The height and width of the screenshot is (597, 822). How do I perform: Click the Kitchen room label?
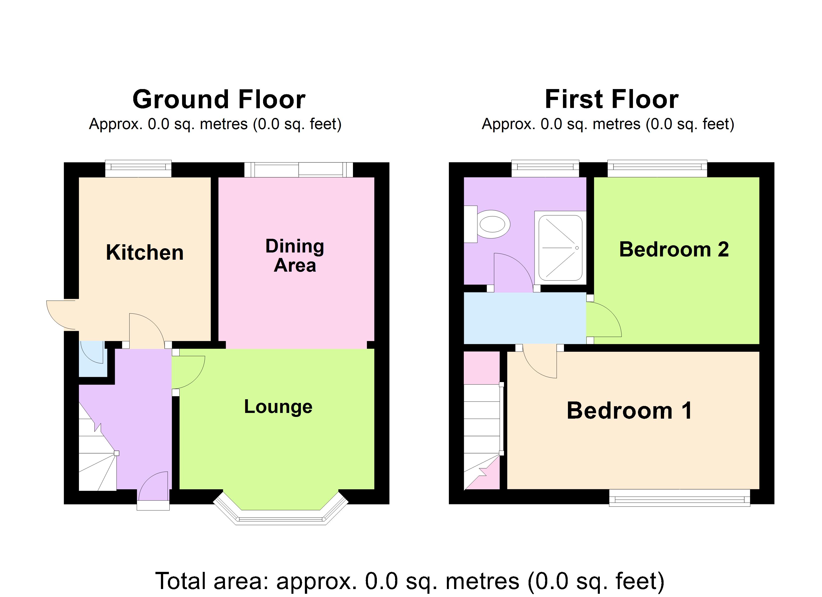(x=145, y=253)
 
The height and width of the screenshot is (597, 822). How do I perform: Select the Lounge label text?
(x=278, y=406)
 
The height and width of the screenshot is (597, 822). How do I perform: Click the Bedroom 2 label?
(x=673, y=249)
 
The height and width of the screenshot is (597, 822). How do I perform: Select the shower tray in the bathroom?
(x=560, y=248)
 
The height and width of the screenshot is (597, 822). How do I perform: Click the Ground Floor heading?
(x=219, y=99)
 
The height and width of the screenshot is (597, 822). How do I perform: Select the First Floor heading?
(x=612, y=99)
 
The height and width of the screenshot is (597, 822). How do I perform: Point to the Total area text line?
(x=410, y=581)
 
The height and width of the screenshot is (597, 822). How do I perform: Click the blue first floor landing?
(x=524, y=318)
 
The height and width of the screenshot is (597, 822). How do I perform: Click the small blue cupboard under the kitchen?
(x=92, y=358)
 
